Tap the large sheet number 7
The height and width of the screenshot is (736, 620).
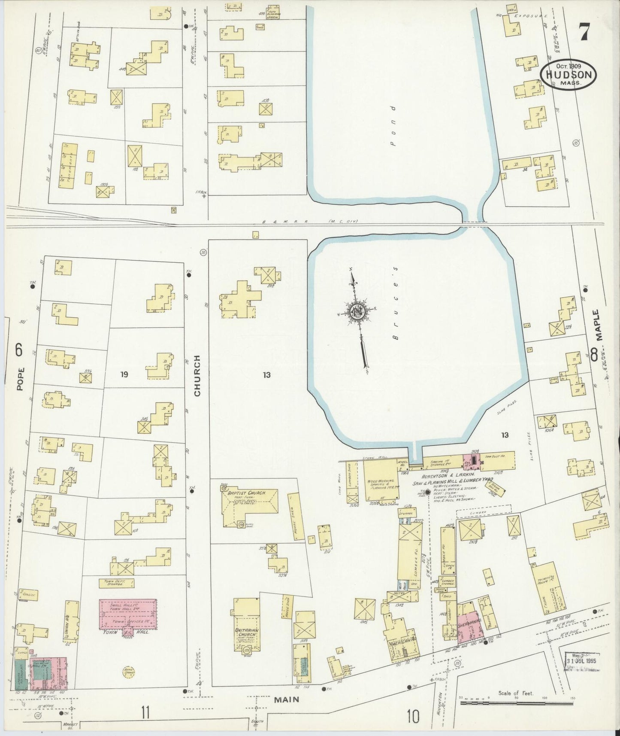tap(584, 33)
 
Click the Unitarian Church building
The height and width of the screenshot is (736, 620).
tap(246, 636)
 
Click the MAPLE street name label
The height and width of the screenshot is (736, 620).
tap(599, 325)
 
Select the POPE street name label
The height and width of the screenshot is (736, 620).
tap(20, 378)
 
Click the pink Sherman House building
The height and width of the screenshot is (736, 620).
tap(469, 628)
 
